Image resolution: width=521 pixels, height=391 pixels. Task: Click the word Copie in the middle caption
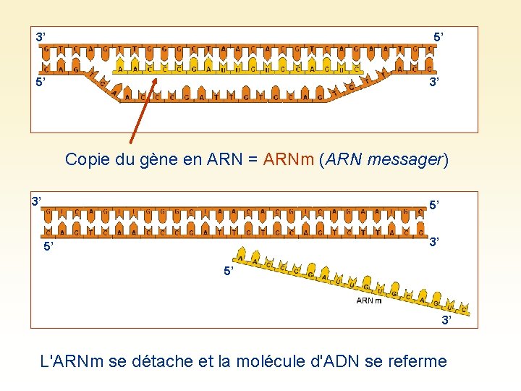86,159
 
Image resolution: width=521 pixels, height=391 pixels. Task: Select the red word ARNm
287,159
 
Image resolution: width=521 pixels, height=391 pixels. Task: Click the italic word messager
405,159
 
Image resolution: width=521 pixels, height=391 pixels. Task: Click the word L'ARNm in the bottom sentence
73,361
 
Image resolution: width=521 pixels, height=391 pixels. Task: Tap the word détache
164,361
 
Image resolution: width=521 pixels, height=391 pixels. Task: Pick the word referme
415,361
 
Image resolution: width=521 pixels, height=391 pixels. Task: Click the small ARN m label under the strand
369,300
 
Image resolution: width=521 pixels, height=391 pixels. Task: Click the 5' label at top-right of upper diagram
440,36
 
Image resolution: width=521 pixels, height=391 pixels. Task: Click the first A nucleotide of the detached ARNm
241,257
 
